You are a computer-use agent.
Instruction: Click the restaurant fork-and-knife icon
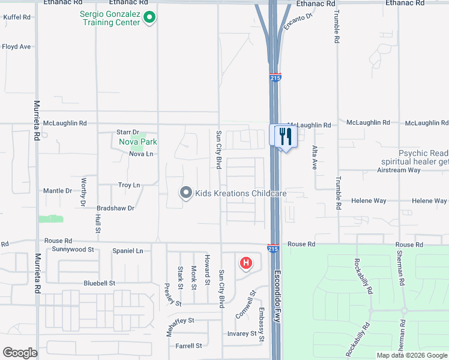point(285,136)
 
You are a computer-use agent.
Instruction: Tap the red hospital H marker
point(246,263)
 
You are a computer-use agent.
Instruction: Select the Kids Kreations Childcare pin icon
point(186,193)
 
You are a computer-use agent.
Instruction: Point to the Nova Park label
point(138,142)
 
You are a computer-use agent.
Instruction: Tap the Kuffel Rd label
point(17,17)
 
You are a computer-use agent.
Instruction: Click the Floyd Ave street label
point(16,46)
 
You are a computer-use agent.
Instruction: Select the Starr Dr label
point(128,132)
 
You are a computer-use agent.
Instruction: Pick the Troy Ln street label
point(129,185)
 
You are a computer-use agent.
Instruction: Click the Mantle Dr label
point(58,191)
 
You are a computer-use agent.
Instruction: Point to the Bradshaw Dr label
point(115,208)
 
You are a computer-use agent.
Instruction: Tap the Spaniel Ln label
point(128,251)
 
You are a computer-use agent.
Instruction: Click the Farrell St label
point(188,346)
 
